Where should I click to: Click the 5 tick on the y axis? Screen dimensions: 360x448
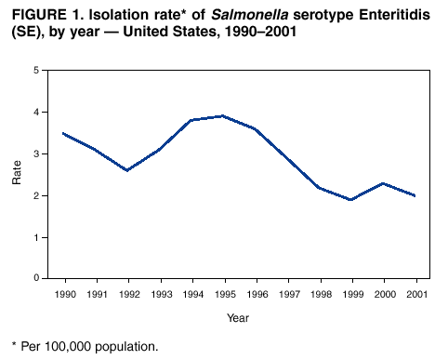[35, 71]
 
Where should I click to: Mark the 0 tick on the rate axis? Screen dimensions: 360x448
[35, 278]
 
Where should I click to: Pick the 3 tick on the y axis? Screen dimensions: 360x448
[35, 153]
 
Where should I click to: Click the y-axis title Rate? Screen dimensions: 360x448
[17, 174]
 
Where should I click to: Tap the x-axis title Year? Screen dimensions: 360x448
[237, 318]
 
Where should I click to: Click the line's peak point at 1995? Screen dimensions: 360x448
[222, 116]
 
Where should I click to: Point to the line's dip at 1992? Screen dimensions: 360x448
[127, 170]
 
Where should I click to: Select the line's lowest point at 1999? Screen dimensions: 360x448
[349, 199]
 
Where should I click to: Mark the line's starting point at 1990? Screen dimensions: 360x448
[64, 133]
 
